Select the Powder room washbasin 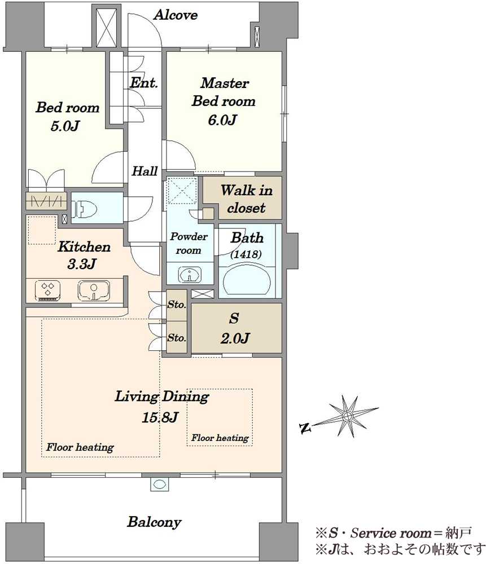pyautogui.click(x=189, y=275)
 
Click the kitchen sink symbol pyautogui.click(x=94, y=290)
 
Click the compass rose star pyautogui.click(x=347, y=416)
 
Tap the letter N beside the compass pyautogui.click(x=305, y=428)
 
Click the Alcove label pyautogui.click(x=176, y=15)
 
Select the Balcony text pyautogui.click(x=154, y=522)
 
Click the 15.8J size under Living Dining pyautogui.click(x=160, y=417)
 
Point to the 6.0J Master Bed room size pyautogui.click(x=222, y=120)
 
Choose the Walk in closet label pyautogui.click(x=247, y=199)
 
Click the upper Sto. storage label pyautogui.click(x=177, y=305)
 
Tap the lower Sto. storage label pyautogui.click(x=177, y=338)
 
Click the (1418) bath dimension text pyautogui.click(x=246, y=254)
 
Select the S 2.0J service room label pyautogui.click(x=235, y=328)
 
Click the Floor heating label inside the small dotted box pyautogui.click(x=220, y=438)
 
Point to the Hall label pyautogui.click(x=145, y=171)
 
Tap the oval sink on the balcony pyautogui.click(x=159, y=484)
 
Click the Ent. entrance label pyautogui.click(x=143, y=83)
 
